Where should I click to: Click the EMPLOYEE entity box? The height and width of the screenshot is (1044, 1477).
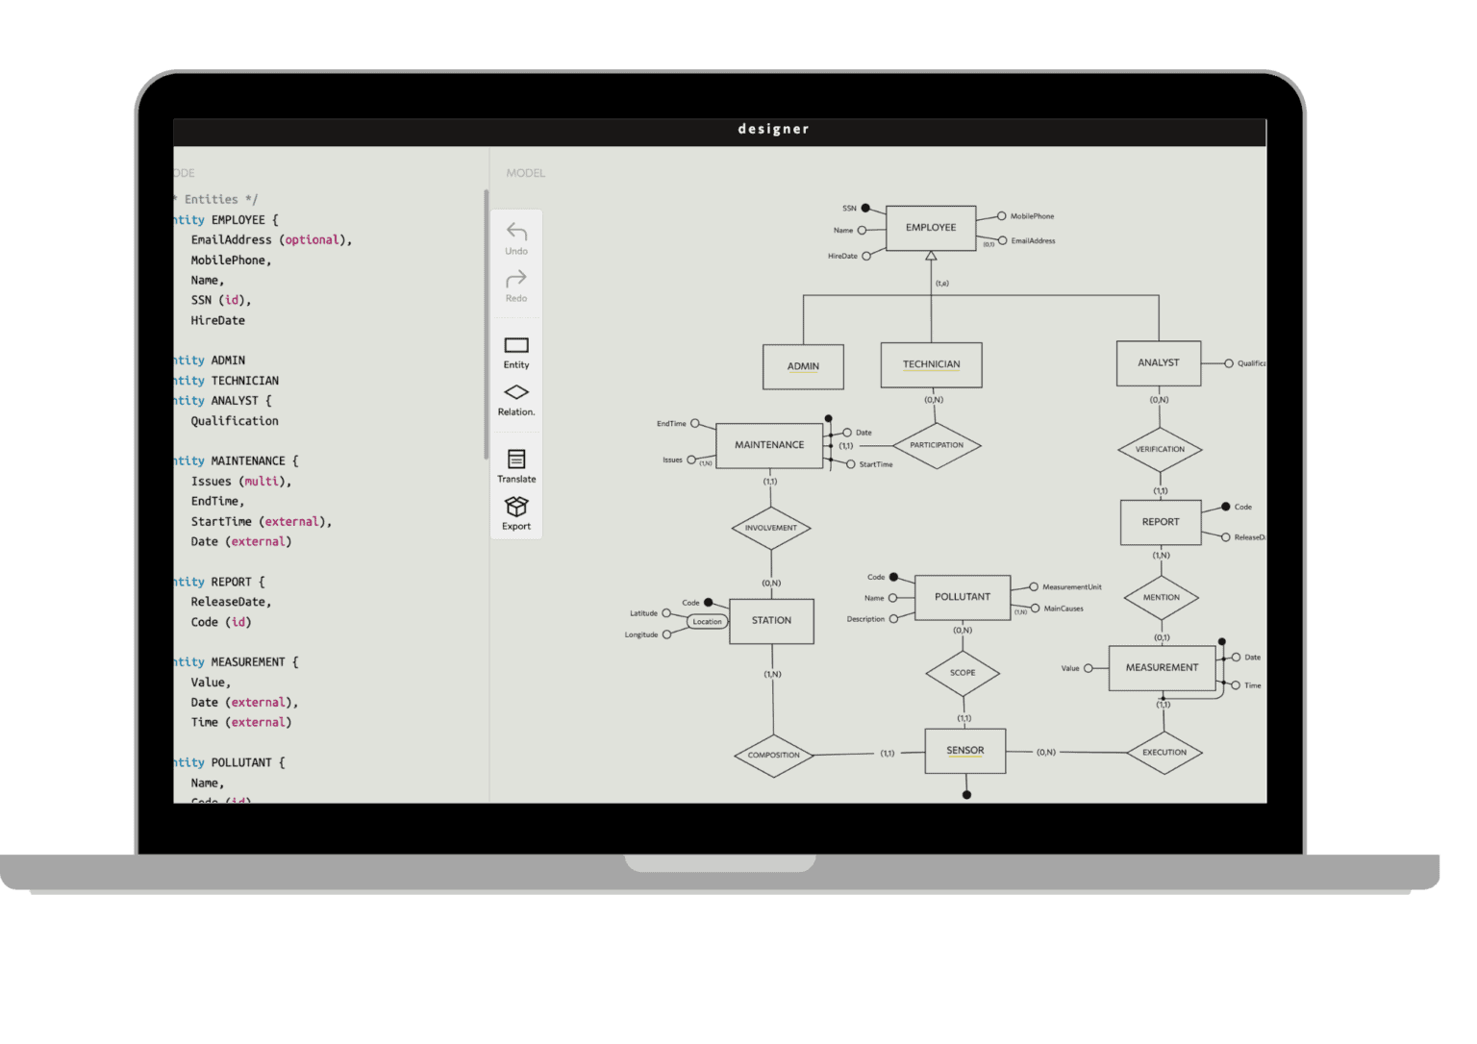tap(931, 228)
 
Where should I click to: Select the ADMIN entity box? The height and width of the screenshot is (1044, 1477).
tap(803, 366)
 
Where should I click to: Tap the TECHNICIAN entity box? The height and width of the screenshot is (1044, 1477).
tap(931, 364)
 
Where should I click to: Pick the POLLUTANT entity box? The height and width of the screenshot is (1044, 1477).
tap(962, 597)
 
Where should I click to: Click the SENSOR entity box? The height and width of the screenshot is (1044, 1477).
tap(964, 751)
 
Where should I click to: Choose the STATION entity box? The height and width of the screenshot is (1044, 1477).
tap(771, 621)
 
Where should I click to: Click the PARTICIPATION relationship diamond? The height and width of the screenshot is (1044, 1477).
tap(937, 445)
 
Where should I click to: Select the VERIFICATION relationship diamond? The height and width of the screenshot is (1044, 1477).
tap(1160, 449)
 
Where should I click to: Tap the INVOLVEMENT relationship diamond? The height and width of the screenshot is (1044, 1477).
tap(770, 528)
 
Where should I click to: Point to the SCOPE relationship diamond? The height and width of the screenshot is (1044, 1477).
tap(963, 673)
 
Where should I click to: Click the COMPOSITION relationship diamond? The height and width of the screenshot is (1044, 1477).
tap(773, 755)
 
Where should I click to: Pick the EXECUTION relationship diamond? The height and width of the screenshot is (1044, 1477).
tap(1164, 753)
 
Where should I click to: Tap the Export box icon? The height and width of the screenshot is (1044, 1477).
tap(516, 507)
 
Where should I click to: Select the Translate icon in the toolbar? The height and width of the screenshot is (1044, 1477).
tap(516, 460)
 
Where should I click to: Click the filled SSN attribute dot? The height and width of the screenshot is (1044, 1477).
tap(865, 208)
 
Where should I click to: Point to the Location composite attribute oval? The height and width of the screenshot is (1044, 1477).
tap(707, 622)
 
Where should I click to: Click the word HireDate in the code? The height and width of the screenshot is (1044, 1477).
tap(217, 321)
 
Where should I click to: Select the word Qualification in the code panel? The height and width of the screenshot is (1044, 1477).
tap(235, 421)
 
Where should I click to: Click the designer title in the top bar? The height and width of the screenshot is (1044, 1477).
tap(773, 129)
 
